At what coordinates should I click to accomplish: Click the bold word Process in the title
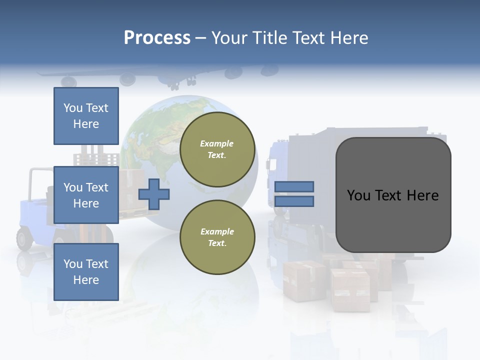(157, 38)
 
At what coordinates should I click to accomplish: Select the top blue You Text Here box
(86, 116)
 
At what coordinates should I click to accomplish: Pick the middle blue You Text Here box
(86, 195)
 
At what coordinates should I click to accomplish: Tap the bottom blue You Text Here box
(86, 272)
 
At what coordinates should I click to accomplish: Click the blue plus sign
(154, 194)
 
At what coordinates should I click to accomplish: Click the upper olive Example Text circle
(217, 149)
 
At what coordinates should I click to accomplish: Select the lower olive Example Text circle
(217, 237)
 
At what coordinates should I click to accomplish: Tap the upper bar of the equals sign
(294, 186)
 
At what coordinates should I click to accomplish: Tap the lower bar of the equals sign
(294, 201)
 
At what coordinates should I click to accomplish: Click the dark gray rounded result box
(393, 195)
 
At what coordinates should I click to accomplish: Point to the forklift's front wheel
(24, 238)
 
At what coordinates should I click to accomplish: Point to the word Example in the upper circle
(217, 143)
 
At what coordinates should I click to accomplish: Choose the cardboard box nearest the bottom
(350, 290)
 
